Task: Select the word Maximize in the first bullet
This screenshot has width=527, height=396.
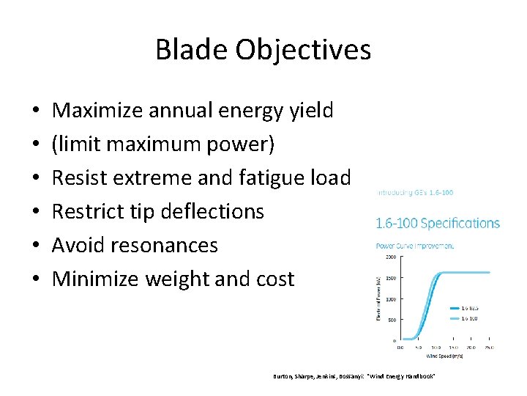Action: tap(100, 111)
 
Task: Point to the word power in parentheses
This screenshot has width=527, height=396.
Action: tap(239, 144)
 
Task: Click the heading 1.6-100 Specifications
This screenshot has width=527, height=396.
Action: tap(437, 223)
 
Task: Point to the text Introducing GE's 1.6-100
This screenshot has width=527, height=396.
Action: tap(414, 192)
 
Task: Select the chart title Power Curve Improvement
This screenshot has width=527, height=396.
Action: tap(414, 246)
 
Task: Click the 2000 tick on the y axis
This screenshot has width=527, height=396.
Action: tap(391, 257)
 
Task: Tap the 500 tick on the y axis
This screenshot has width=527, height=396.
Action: tap(392, 320)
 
